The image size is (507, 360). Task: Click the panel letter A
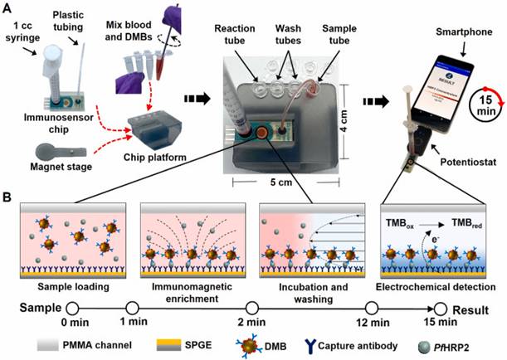7,7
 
